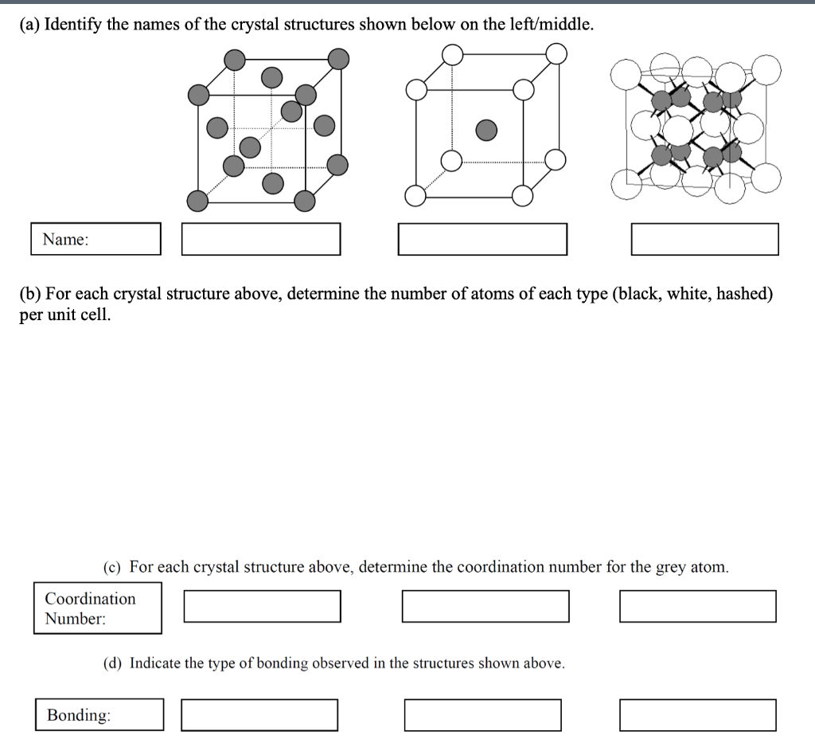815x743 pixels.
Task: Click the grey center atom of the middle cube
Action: pyautogui.click(x=485, y=129)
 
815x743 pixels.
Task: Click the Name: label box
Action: pyautogui.click(x=96, y=239)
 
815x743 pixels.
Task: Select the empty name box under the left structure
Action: pyautogui.click(x=260, y=239)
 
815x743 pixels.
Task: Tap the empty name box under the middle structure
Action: pyautogui.click(x=482, y=239)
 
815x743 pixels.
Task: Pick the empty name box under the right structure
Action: pyautogui.click(x=704, y=239)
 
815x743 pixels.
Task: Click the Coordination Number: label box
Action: pyautogui.click(x=97, y=608)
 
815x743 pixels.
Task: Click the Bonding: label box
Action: pyautogui.click(x=99, y=714)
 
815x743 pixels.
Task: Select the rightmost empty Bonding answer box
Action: pyautogui.click(x=697, y=714)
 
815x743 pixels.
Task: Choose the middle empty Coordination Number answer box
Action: pyautogui.click(x=485, y=606)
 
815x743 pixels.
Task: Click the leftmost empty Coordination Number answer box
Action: pyautogui.click(x=262, y=606)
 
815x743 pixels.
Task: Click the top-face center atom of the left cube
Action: pyautogui.click(x=272, y=76)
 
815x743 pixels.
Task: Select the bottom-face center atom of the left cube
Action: pyautogui.click(x=273, y=184)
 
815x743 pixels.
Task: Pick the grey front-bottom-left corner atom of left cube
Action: pyautogui.click(x=197, y=200)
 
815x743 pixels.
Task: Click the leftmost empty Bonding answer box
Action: pyautogui.click(x=259, y=714)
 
